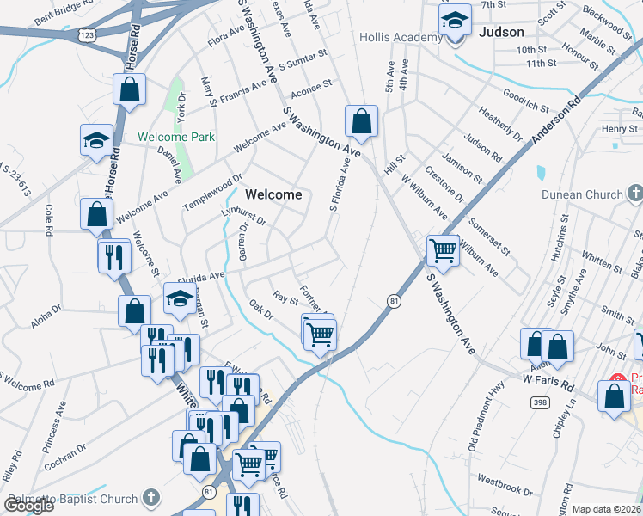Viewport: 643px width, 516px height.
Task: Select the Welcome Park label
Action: (x=176, y=137)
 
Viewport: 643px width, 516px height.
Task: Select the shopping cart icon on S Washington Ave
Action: (x=443, y=250)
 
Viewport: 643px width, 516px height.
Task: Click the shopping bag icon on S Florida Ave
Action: (x=361, y=121)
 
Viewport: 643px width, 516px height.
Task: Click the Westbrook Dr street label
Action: (x=505, y=485)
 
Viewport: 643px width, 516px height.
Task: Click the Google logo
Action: (x=28, y=506)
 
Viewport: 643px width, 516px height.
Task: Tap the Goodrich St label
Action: (x=525, y=101)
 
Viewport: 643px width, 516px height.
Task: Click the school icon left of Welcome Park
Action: (x=96, y=140)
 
